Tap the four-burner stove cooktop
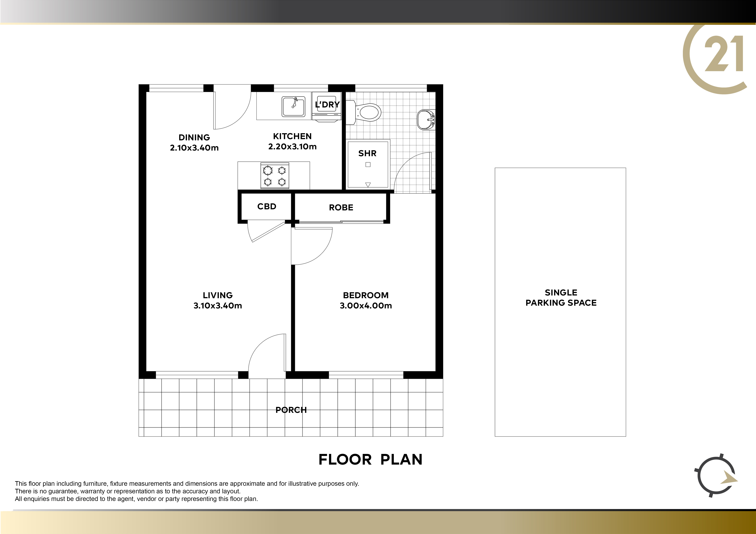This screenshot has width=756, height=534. pos(275,176)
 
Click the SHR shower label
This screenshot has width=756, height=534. pos(367,153)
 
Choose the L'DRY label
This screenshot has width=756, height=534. pos(327,105)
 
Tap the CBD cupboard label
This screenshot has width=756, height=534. pos(267,207)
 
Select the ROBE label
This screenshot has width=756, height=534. pos(341,207)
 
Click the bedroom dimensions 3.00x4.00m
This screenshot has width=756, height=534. pos(366,306)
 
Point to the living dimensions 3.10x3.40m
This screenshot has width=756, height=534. pos(218,306)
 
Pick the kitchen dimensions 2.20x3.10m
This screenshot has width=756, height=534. pos(292,147)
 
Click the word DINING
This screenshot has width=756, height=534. pos(194,137)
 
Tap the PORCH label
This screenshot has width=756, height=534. pos(291,410)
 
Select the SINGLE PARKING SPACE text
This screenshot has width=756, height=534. pos(561,298)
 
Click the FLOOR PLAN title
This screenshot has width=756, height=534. pos(370,459)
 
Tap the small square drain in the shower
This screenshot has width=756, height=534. pos(368,165)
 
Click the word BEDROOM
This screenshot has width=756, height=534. pos(366,295)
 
